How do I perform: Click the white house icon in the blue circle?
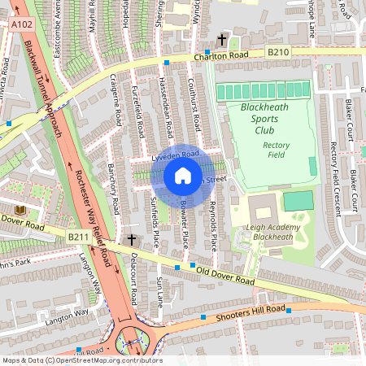[x=183, y=175]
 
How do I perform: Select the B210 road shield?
[x=278, y=51]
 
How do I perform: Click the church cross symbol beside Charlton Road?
[x=221, y=39]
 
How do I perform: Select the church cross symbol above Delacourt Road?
[x=132, y=240]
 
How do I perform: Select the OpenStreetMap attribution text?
[x=81, y=360]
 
